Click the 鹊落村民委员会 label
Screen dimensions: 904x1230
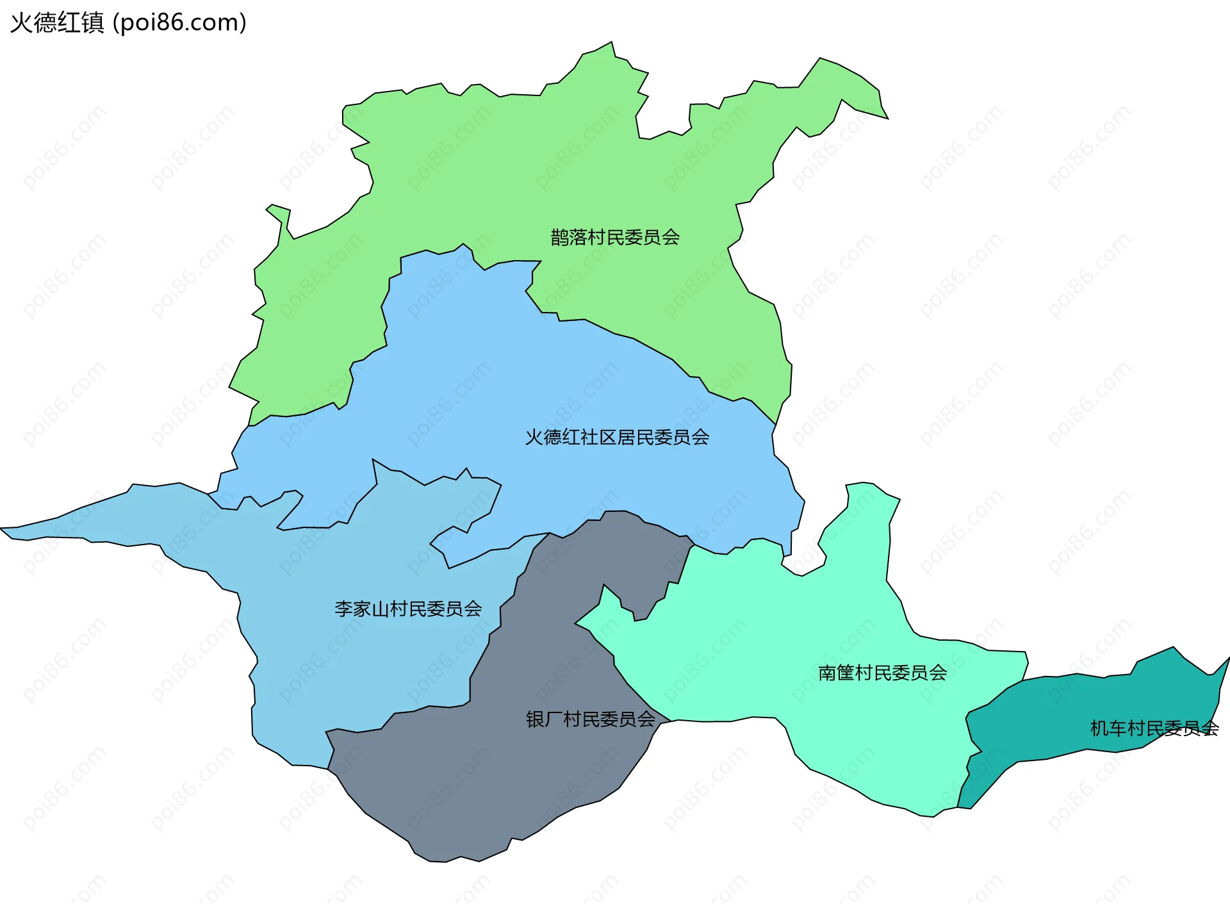615,238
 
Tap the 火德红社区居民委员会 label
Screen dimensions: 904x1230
617,438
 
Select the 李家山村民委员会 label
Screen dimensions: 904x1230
408,609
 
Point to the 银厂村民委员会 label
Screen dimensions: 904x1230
591,719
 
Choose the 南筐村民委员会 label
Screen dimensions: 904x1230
882,673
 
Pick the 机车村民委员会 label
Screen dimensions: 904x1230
1154,728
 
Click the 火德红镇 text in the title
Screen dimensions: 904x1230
57,23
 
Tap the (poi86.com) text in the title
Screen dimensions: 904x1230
179,23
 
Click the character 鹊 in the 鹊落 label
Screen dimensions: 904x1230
560,238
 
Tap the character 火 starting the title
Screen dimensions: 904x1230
21,23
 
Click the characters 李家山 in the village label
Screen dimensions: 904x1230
362,609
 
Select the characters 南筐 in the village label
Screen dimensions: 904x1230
836,673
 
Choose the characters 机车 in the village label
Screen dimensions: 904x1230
1108,728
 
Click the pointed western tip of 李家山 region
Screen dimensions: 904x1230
3,529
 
